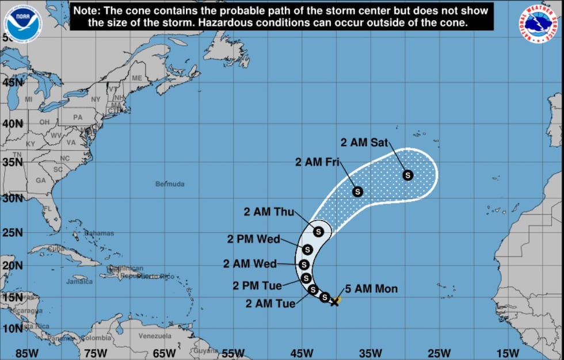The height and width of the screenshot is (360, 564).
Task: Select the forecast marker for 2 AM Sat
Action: point(408,175)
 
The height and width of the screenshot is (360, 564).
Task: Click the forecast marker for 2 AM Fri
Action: point(357,192)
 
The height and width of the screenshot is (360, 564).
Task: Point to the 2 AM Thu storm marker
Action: point(319,231)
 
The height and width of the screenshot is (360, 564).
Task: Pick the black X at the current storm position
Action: point(334,301)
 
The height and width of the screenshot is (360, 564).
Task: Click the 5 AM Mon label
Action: point(371,289)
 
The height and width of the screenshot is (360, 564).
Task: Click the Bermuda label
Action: point(170,184)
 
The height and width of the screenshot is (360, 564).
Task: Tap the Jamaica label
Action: point(79,281)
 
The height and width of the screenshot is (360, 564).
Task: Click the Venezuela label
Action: point(155,336)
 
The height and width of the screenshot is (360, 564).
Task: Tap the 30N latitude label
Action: point(11,198)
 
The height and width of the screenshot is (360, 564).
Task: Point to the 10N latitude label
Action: point(11,328)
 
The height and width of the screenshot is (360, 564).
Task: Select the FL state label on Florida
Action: point(47,209)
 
